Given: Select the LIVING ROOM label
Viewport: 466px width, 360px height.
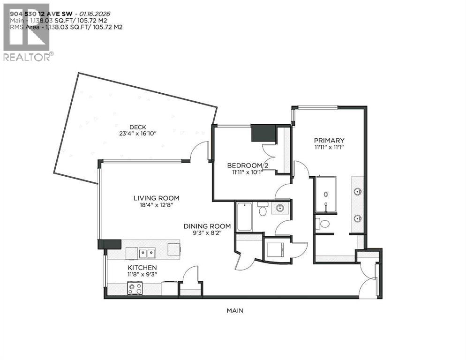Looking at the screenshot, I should pyautogui.click(x=156, y=198).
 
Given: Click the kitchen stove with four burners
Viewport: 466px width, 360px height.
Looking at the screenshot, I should pyautogui.click(x=135, y=288).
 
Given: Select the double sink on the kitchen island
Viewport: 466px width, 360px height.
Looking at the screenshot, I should pyautogui.click(x=147, y=253).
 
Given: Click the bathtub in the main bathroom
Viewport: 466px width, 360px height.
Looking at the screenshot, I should pyautogui.click(x=244, y=216).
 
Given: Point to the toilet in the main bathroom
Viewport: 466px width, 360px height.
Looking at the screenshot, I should pyautogui.click(x=262, y=210).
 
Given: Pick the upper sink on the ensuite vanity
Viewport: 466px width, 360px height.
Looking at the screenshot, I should pyautogui.click(x=358, y=191).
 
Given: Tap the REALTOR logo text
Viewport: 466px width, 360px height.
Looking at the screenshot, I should pyautogui.click(x=27, y=57).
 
